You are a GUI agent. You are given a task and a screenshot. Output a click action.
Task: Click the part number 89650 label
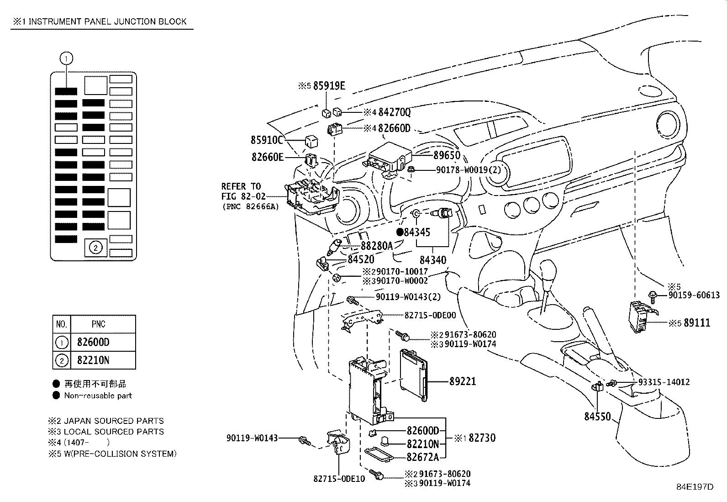click(x=447, y=155)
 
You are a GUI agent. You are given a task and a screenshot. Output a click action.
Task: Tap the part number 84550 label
click(x=597, y=417)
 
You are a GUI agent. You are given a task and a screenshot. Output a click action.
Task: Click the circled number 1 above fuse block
click(x=66, y=58)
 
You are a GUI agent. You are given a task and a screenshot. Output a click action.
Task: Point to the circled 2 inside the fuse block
click(x=95, y=248)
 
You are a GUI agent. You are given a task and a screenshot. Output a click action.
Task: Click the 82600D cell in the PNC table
click(x=93, y=342)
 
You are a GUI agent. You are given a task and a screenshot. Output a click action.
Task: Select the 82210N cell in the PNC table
click(x=93, y=360)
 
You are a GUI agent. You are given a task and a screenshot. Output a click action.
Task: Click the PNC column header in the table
click(x=98, y=324)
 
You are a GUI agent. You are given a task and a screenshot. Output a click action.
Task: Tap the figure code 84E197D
click(x=695, y=487)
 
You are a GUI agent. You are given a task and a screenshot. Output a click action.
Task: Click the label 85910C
click(x=267, y=139)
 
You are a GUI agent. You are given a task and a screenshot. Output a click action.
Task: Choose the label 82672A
click(x=422, y=456)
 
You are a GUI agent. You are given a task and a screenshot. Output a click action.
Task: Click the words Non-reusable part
click(x=98, y=396)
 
